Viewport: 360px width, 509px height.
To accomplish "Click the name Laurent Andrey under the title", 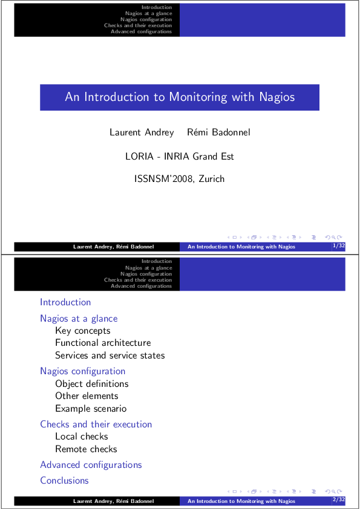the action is coord(141,132).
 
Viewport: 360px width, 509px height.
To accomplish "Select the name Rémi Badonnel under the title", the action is coord(218,132).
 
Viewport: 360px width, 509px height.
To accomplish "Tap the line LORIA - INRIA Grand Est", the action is coord(180,157).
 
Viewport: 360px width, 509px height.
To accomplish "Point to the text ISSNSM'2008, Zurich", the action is coord(179,179).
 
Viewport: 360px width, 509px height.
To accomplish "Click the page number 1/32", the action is coord(338,246).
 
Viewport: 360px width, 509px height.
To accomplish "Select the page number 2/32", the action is coord(338,501).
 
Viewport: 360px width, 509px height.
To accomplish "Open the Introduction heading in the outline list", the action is coord(65,302).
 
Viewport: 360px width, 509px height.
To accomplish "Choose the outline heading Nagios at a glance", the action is coord(79,319).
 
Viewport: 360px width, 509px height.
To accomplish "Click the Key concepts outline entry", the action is coord(83,331).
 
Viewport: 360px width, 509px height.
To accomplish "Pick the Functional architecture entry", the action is coord(103,343).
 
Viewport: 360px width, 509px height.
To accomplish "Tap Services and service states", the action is coord(110,355).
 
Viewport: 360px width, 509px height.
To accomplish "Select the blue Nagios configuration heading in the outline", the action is coord(82,371).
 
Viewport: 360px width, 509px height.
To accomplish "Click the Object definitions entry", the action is coord(91,384).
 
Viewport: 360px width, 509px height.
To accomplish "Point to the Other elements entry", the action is coord(87,396).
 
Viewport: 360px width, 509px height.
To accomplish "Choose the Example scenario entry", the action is coord(91,409).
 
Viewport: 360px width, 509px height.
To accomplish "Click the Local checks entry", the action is coord(82,436).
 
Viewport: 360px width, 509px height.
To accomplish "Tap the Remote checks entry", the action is coord(86,449).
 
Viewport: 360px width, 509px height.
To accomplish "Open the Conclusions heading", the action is coord(64,481).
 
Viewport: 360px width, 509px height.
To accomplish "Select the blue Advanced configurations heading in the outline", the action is coord(91,465).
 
